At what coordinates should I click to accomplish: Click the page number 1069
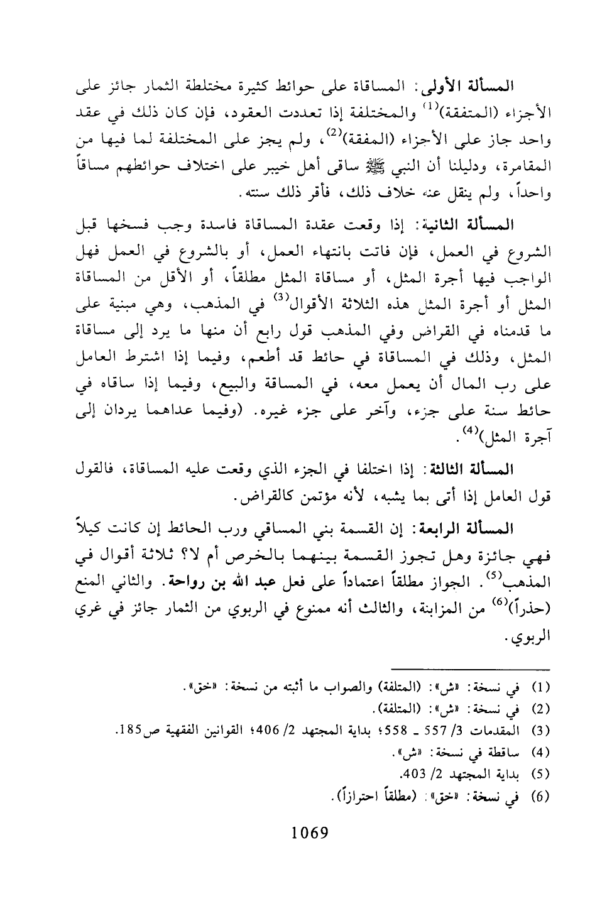(306, 834)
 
